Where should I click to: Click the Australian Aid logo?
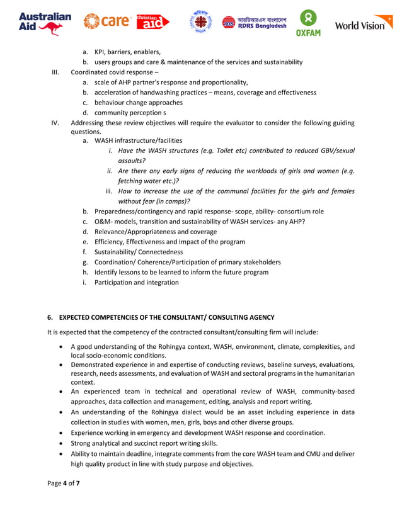coord(45,23)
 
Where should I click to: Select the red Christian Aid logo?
coord(153,22)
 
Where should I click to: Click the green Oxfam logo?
coord(309,23)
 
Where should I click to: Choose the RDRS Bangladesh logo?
coord(254,23)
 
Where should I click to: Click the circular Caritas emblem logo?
coord(201,23)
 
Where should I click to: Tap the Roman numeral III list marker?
coord(55,72)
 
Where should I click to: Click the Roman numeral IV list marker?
coord(55,123)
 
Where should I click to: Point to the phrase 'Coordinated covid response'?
coord(112,72)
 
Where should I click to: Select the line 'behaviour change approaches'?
coord(139,103)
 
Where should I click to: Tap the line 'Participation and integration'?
coord(136,283)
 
